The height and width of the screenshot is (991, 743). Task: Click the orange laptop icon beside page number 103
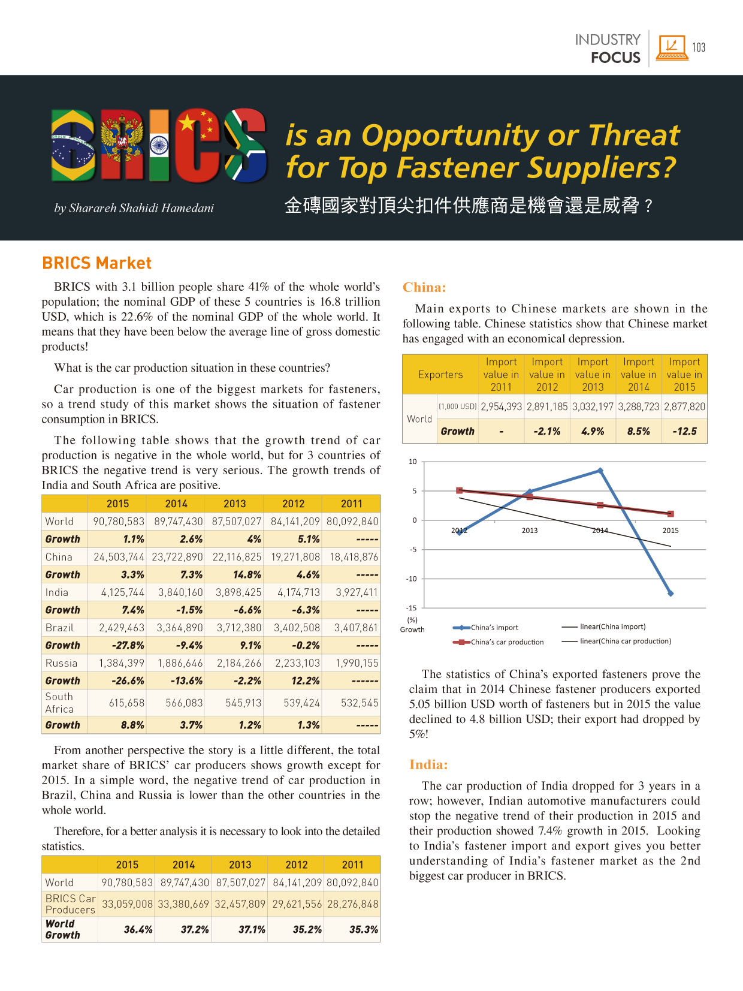click(672, 47)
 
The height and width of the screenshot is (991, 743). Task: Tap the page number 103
click(698, 47)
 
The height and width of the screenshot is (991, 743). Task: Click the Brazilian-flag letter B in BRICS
click(73, 145)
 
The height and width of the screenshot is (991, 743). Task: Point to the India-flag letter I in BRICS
click(159, 145)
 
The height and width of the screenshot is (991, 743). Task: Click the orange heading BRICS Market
click(97, 263)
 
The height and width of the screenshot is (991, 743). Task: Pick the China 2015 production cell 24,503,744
click(119, 557)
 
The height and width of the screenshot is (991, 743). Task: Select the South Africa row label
click(59, 703)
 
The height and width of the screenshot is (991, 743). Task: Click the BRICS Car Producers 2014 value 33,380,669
click(183, 904)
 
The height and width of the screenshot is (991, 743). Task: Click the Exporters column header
click(440, 374)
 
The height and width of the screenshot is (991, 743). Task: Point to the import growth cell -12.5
click(684, 431)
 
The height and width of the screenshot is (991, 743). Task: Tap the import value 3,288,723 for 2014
click(638, 406)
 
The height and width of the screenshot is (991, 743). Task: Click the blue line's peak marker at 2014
click(600, 471)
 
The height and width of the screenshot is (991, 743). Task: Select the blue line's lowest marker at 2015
click(670, 594)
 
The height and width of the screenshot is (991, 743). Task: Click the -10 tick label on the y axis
click(412, 579)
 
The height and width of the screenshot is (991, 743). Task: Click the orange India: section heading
click(428, 764)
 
